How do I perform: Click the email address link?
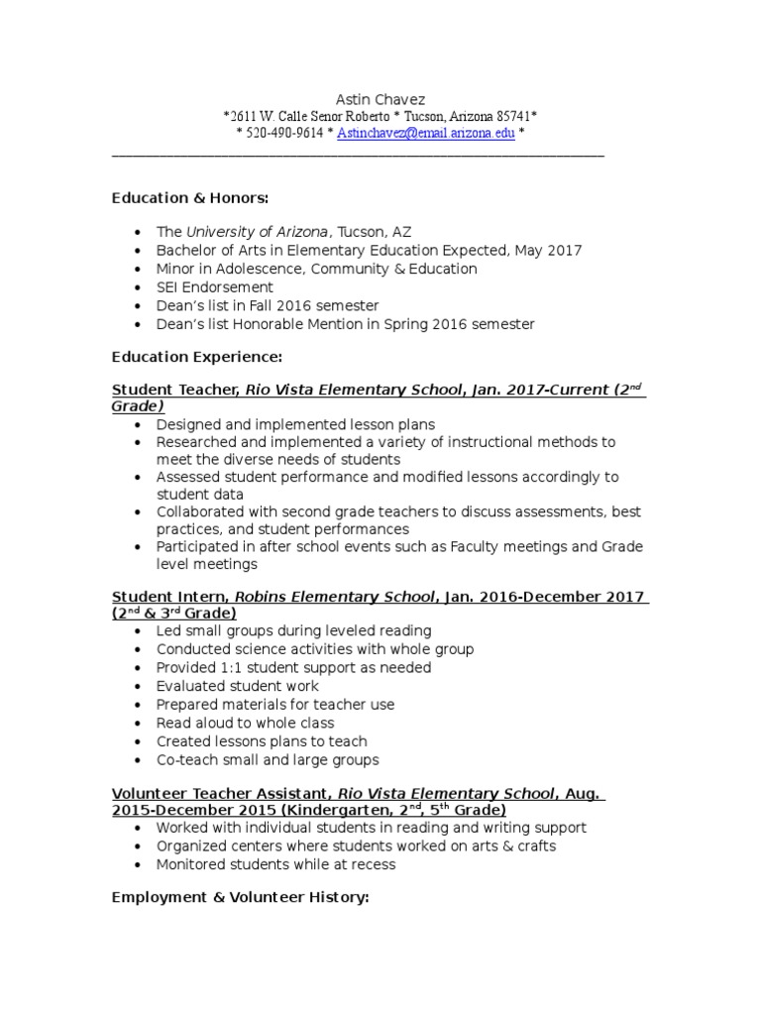426,133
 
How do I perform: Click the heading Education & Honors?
190,198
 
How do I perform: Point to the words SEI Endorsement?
215,287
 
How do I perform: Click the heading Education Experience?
197,356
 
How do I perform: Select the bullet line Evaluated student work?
238,686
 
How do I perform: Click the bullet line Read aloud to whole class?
246,723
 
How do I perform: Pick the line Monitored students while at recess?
275,864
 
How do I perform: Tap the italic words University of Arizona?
259,232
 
